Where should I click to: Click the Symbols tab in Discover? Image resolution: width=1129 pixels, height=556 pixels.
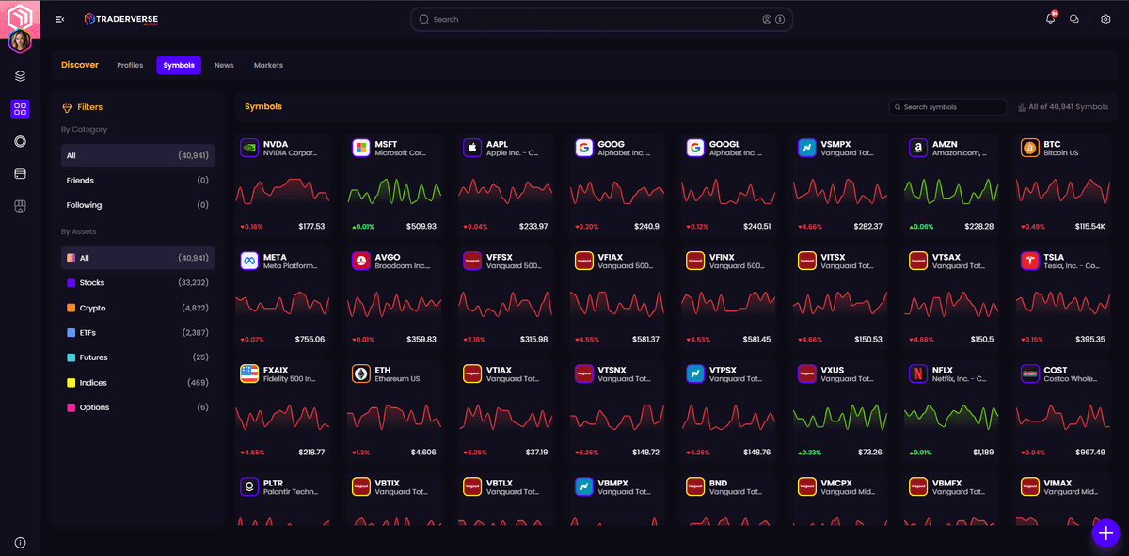tap(179, 65)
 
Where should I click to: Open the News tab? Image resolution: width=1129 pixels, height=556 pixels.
tap(224, 65)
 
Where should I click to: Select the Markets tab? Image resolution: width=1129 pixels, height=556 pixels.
tap(268, 65)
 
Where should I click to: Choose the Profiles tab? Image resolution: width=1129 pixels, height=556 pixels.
tap(130, 65)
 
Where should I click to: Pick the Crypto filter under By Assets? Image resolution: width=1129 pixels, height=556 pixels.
tap(92, 308)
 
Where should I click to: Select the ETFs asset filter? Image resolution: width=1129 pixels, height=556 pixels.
tap(87, 333)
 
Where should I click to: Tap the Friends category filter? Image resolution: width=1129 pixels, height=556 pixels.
tap(80, 180)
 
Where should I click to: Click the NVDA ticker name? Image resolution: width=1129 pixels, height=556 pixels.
tap(276, 144)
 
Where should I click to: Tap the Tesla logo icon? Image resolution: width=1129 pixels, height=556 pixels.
tap(1028, 261)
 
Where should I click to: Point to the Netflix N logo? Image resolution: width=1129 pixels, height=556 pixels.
tap(917, 373)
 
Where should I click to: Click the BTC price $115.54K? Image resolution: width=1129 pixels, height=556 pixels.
tap(1090, 227)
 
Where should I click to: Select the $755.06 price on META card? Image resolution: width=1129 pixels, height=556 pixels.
tap(310, 340)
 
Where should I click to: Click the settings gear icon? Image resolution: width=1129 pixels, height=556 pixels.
tap(1105, 19)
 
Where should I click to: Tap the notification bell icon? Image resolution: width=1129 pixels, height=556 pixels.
tap(1050, 19)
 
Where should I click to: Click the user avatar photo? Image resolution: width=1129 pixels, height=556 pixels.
tap(20, 41)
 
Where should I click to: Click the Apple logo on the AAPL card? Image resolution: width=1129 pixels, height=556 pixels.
tap(472, 148)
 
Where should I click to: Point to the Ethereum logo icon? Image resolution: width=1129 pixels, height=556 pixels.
tap(360, 373)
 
